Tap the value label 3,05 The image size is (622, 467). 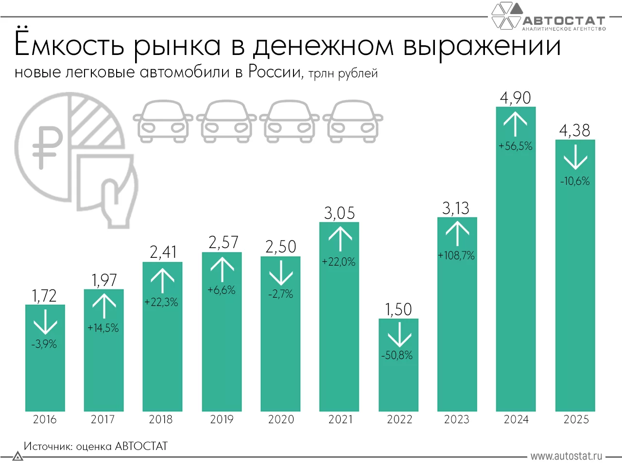coord(340,213)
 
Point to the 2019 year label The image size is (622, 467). coord(222,419)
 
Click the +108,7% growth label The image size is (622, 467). coord(456,255)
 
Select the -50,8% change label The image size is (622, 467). coord(397,356)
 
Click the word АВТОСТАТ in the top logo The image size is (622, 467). coord(564,21)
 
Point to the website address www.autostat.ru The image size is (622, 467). coord(566,456)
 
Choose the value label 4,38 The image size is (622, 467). coord(575,130)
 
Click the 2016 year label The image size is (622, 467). coord(45,419)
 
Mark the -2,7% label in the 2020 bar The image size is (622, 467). coord(281,294)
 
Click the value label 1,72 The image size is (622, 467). coord(44,296)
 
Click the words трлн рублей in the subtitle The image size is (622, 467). coord(343,73)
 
